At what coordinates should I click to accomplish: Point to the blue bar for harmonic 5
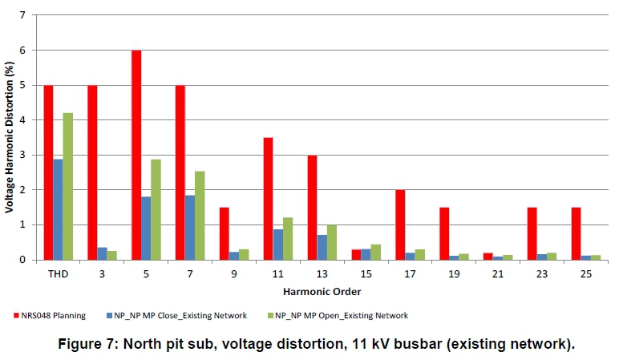click(146, 228)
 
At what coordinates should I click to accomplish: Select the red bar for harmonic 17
click(399, 224)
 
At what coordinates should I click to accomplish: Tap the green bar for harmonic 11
click(287, 238)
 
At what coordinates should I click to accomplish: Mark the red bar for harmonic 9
click(225, 233)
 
